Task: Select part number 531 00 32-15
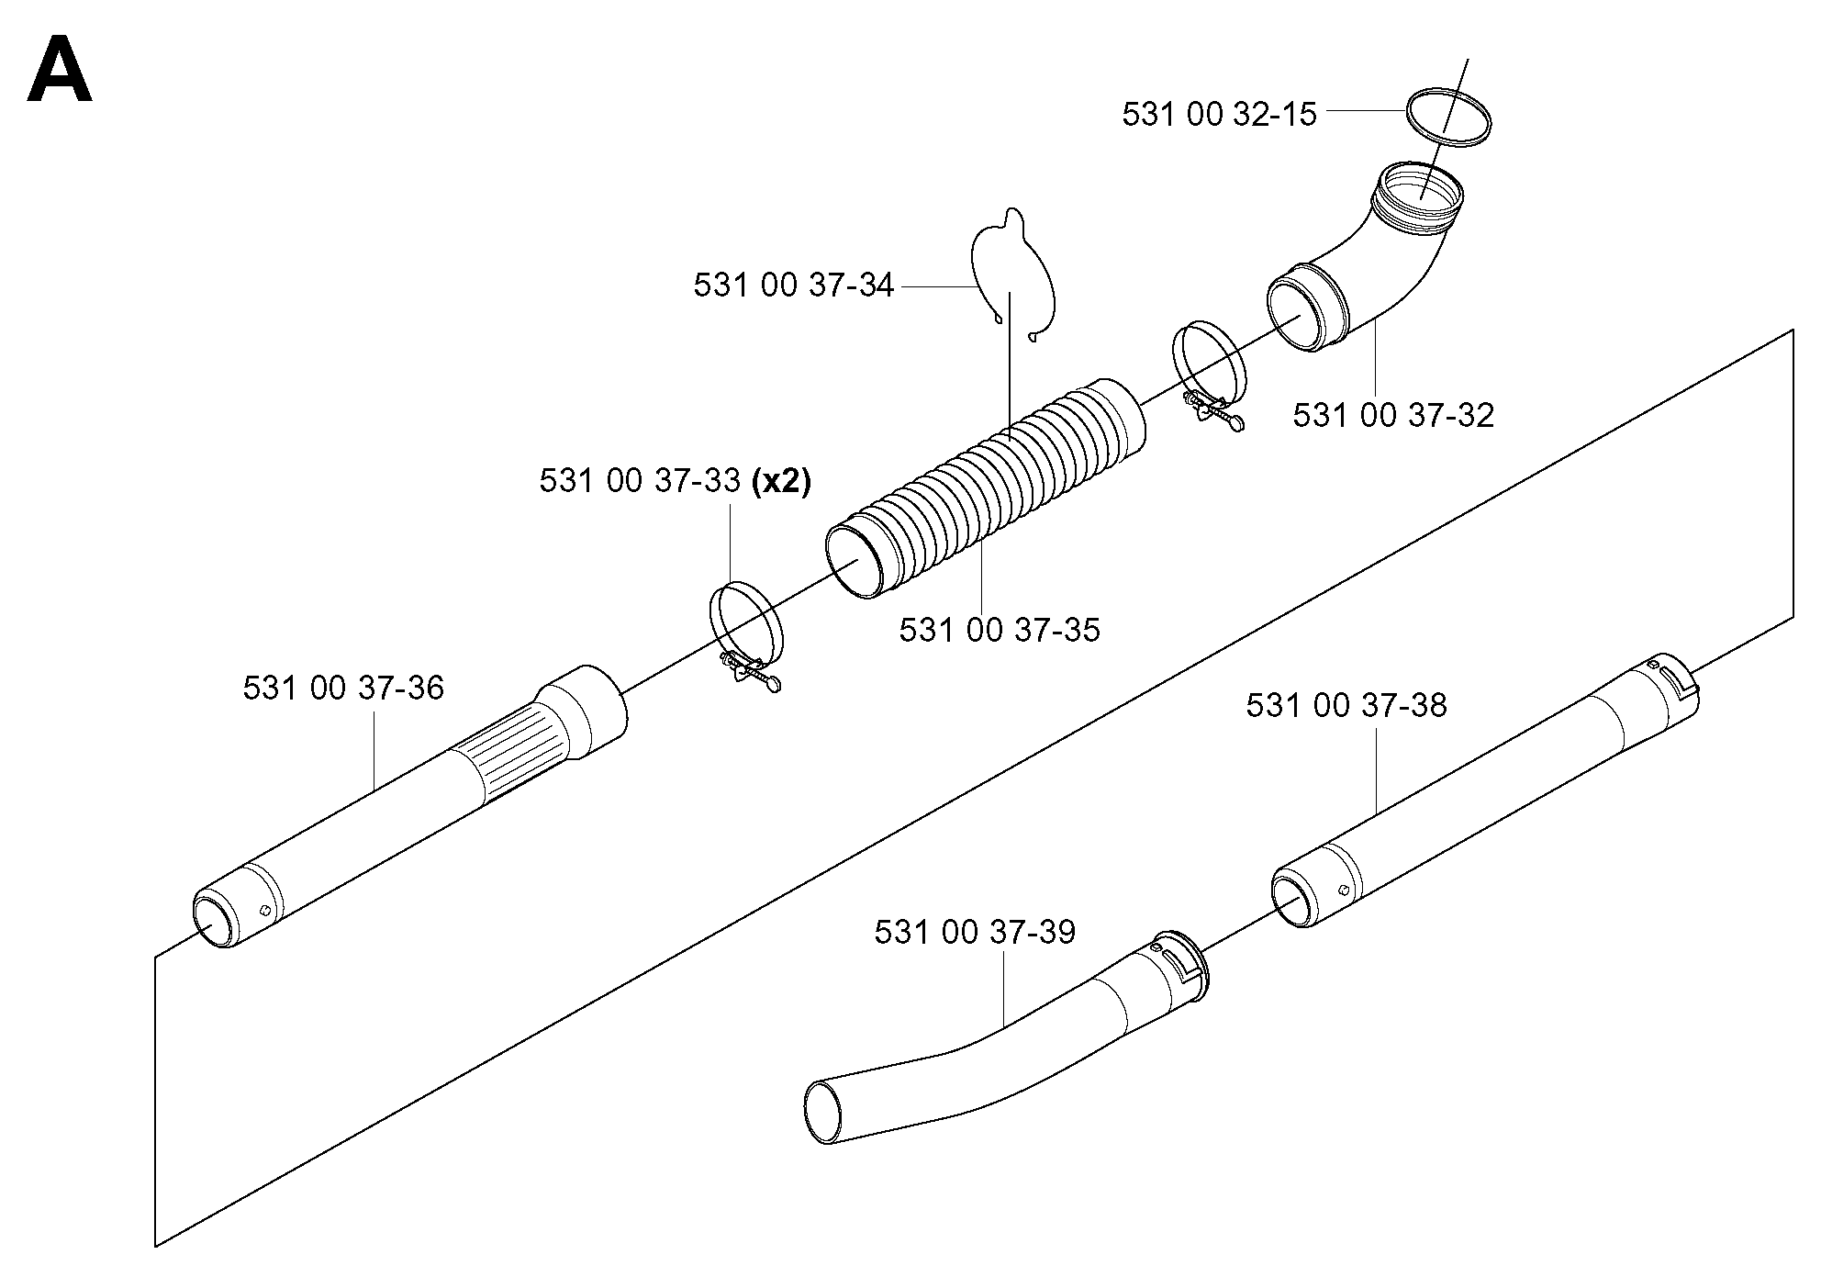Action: tap(1219, 115)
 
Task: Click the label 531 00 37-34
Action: tap(793, 286)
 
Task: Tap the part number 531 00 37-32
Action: tap(1393, 415)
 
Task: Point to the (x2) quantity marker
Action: tap(781, 481)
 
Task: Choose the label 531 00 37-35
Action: tap(1000, 630)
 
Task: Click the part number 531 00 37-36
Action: tap(343, 688)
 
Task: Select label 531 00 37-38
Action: tap(1346, 705)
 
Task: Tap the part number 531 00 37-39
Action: tap(975, 932)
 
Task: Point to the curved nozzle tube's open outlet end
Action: tap(824, 1112)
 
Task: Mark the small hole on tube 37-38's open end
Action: tap(1343, 890)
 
